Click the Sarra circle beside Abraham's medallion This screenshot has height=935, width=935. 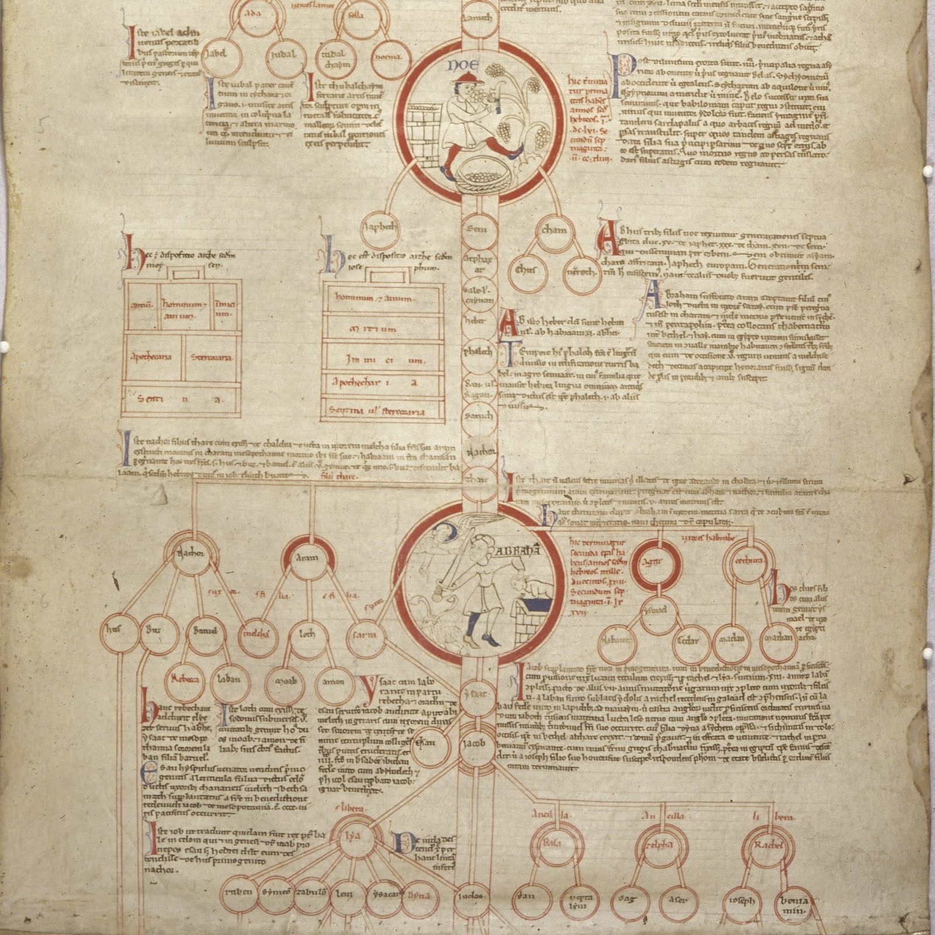[366, 634]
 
